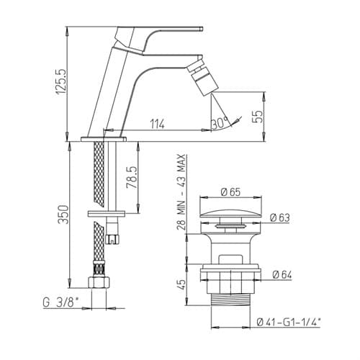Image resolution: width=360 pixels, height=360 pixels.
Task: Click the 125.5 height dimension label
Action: tap(61, 82)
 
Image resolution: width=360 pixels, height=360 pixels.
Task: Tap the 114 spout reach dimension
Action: tap(158, 125)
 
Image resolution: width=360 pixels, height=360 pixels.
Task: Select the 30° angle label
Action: tap(220, 123)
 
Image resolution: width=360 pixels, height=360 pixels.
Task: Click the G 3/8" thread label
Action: tap(60, 302)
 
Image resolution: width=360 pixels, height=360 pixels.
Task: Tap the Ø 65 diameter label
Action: tap(230, 192)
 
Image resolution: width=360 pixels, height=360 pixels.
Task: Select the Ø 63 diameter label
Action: tap(280, 217)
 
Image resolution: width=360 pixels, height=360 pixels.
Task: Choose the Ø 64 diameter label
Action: tap(282, 274)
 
